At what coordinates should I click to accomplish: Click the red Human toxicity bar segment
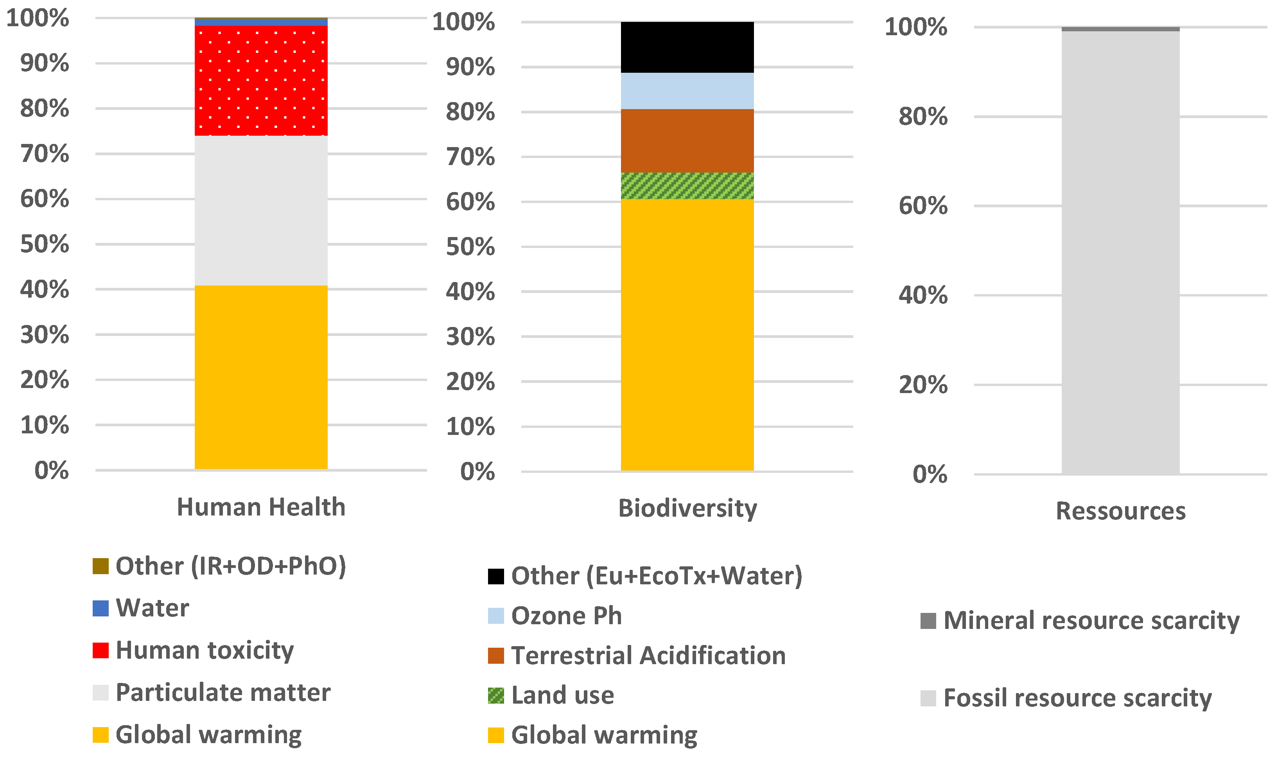pyautogui.click(x=261, y=80)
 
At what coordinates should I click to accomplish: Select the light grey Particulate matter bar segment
pyautogui.click(x=261, y=210)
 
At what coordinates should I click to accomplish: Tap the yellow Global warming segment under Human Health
pyautogui.click(x=261, y=377)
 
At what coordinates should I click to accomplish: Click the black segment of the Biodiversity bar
pyautogui.click(x=687, y=47)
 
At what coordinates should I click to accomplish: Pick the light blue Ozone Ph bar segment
pyautogui.click(x=687, y=91)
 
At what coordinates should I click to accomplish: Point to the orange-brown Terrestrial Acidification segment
pyautogui.click(x=687, y=141)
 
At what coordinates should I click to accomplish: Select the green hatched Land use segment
pyautogui.click(x=687, y=186)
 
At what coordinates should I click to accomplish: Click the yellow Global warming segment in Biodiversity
pyautogui.click(x=687, y=334)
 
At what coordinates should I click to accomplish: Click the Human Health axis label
pyautogui.click(x=261, y=507)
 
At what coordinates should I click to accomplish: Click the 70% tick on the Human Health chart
pyautogui.click(x=45, y=154)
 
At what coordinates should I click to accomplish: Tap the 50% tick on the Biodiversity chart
pyautogui.click(x=470, y=247)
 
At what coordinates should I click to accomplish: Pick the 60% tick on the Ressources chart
pyautogui.click(x=922, y=206)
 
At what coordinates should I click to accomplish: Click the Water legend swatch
pyautogui.click(x=101, y=608)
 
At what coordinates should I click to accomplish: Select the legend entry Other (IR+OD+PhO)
pyautogui.click(x=231, y=566)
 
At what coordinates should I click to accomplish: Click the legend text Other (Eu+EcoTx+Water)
pyautogui.click(x=657, y=576)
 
